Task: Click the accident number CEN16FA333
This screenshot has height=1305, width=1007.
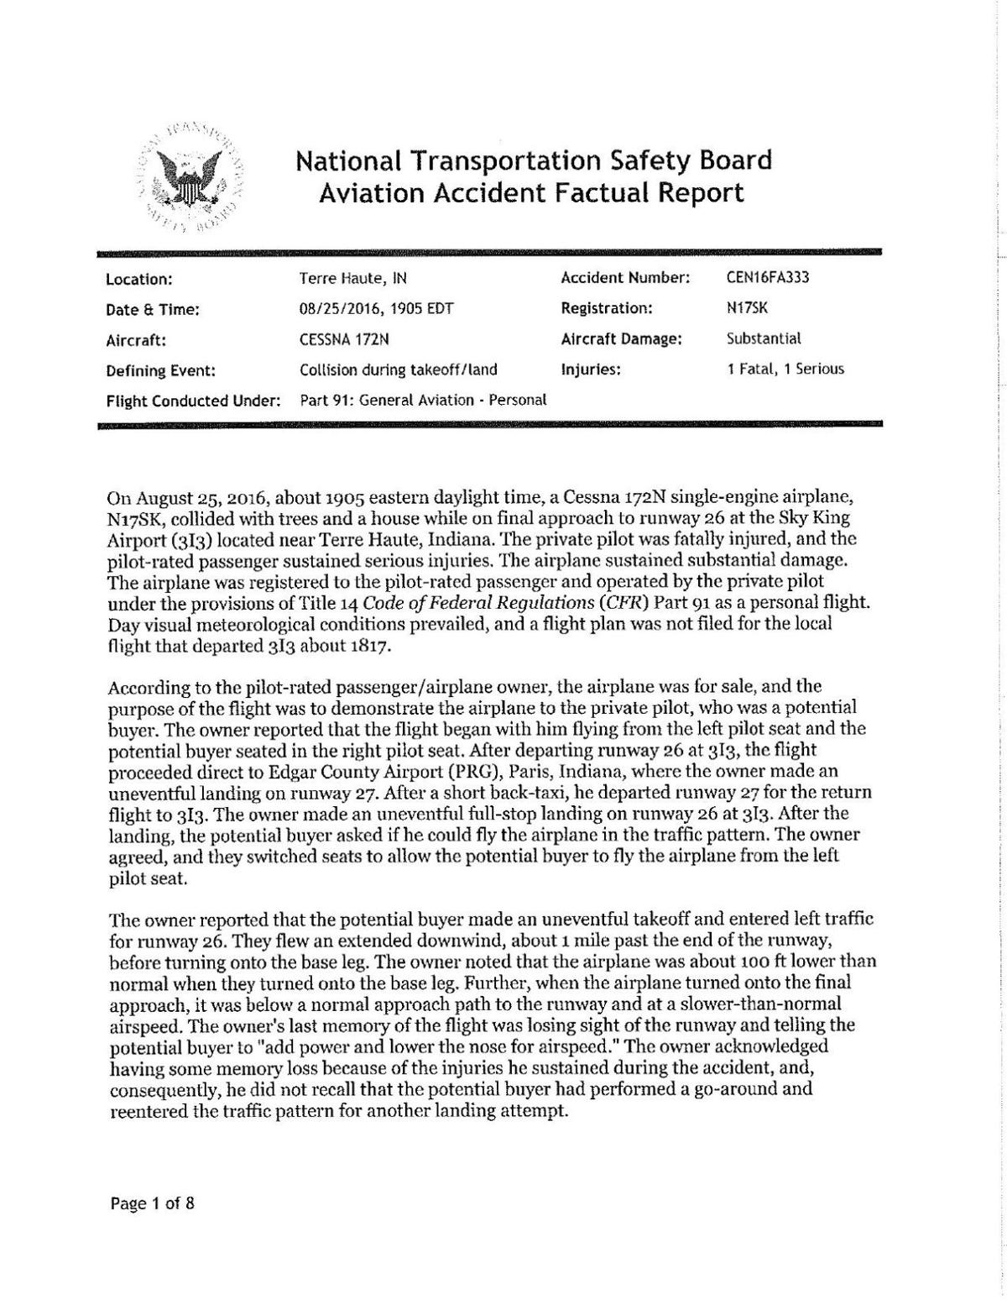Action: (768, 278)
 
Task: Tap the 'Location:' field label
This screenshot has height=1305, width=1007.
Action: (139, 279)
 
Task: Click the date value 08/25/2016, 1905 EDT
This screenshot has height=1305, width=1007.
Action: (376, 308)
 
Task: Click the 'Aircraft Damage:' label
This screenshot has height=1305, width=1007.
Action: (621, 339)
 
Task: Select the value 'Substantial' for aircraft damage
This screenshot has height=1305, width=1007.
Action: (764, 339)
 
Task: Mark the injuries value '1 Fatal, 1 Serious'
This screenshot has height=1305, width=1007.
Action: (785, 369)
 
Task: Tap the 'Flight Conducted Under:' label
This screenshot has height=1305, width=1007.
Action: (193, 401)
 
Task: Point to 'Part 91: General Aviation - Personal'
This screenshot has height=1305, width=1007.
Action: (424, 401)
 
